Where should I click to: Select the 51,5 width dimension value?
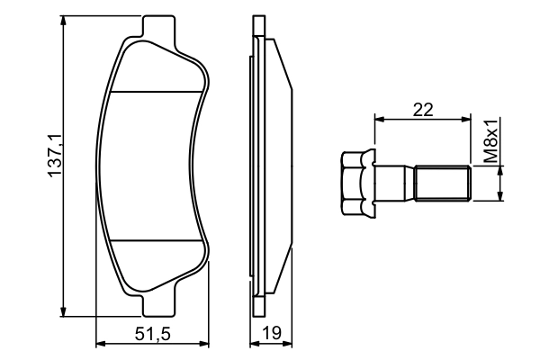[153, 334]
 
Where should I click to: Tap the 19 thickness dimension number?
[272, 333]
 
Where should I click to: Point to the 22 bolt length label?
[423, 110]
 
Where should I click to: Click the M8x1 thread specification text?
[490, 141]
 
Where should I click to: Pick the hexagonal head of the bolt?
[358, 183]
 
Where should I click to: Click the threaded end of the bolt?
[443, 183]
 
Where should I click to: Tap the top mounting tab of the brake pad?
[158, 26]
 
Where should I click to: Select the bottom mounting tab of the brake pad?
[158, 305]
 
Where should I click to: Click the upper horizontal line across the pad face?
[157, 92]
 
